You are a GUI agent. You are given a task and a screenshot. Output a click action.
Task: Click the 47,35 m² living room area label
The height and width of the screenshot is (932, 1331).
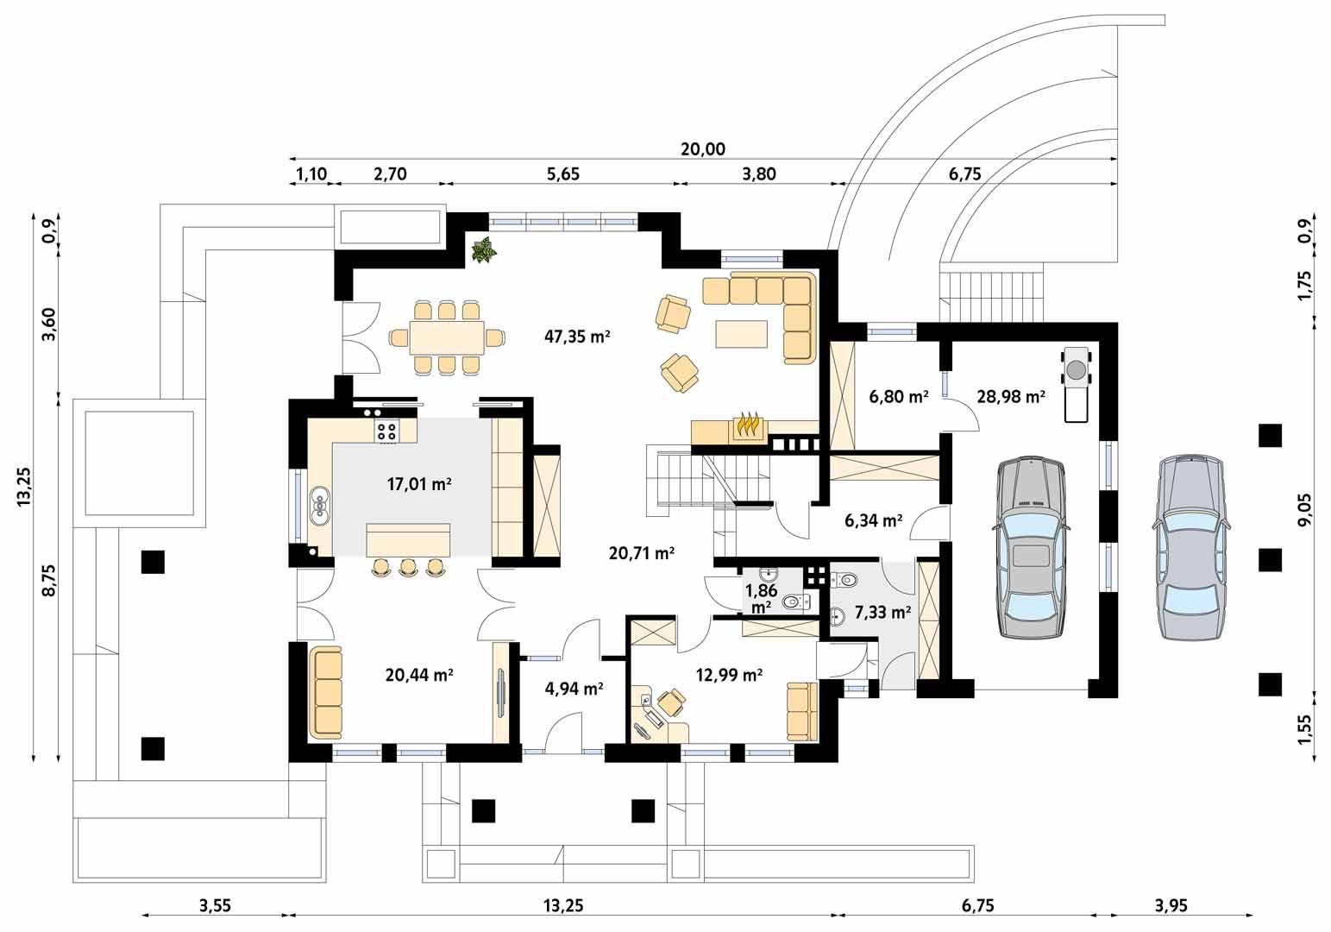577,337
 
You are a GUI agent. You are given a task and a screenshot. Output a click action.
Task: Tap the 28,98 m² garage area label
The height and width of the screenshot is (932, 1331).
1011,397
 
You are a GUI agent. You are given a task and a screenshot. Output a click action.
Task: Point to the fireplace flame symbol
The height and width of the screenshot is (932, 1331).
746,425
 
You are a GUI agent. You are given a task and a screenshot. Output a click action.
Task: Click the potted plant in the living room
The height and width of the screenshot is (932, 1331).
483,250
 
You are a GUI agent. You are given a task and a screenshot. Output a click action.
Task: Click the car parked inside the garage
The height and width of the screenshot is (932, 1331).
1031,548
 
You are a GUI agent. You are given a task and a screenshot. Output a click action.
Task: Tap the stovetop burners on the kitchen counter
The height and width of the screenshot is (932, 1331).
386,431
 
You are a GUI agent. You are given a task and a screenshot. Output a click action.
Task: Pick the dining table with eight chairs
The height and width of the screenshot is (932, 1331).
446,337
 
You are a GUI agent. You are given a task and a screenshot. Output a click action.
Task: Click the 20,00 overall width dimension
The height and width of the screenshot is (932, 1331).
702,149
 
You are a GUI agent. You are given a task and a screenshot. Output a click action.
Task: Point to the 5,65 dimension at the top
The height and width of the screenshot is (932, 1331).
562,173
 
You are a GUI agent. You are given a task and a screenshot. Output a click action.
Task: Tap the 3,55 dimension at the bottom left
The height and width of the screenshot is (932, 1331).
215,905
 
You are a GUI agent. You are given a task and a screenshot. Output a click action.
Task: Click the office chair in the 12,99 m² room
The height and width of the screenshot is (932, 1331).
669,702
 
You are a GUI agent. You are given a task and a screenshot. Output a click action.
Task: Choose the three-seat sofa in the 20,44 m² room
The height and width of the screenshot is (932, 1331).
327,692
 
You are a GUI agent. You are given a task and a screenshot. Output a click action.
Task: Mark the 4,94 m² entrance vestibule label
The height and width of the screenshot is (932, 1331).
574,689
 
